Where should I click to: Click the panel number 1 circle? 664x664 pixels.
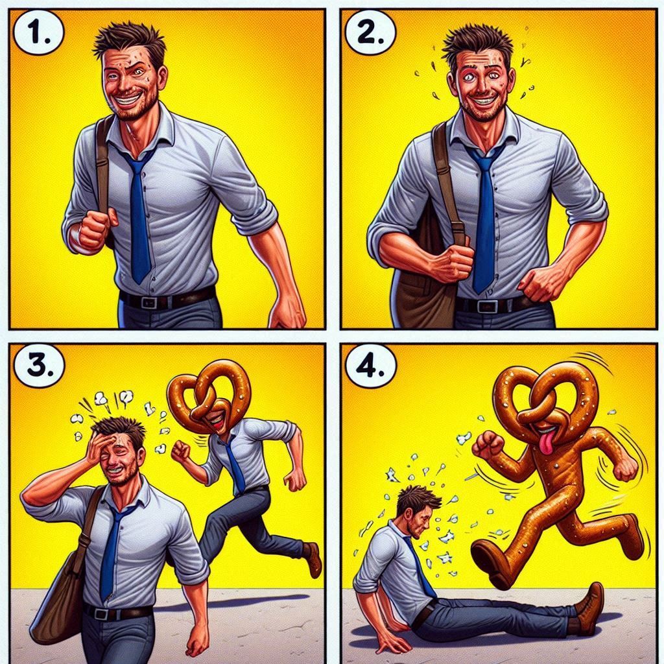pos(38,33)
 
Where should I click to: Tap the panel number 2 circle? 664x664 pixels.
pos(370,33)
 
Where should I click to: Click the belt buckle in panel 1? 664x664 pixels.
pos(149,302)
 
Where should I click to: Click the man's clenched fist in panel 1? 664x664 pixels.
pos(96,229)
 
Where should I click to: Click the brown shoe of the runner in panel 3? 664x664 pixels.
pos(313,559)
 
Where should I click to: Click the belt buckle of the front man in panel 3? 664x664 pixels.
pos(101,613)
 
